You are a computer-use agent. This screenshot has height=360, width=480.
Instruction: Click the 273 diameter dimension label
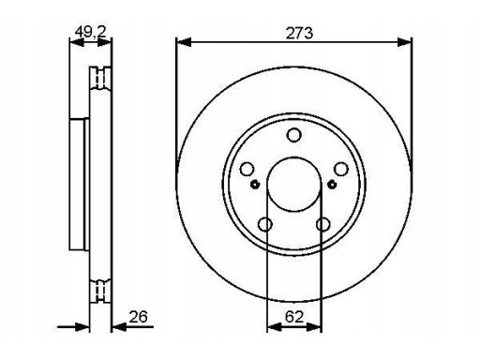tap(299, 33)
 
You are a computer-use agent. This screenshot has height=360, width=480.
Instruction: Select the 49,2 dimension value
tap(91, 32)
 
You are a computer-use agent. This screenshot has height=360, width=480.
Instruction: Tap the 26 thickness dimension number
tap(138, 317)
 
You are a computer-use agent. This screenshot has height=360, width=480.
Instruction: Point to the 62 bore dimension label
tap(294, 317)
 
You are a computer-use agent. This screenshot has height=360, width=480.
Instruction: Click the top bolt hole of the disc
tap(294, 135)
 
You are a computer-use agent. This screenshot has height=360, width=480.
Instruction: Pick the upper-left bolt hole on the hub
tap(247, 169)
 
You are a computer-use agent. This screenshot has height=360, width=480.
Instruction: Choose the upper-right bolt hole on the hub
tap(341, 169)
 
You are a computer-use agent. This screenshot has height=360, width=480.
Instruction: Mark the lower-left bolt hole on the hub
tap(265, 224)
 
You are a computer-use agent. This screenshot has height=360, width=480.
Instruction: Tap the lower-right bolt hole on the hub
tap(322, 224)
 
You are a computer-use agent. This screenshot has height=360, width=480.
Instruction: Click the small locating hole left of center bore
tap(255, 185)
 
